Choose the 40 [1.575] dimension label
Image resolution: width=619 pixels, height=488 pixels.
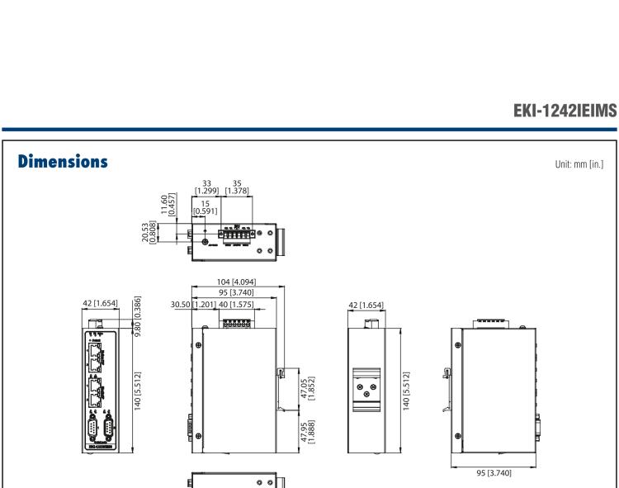[x=238, y=305]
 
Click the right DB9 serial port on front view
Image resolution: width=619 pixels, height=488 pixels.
[x=108, y=430]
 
